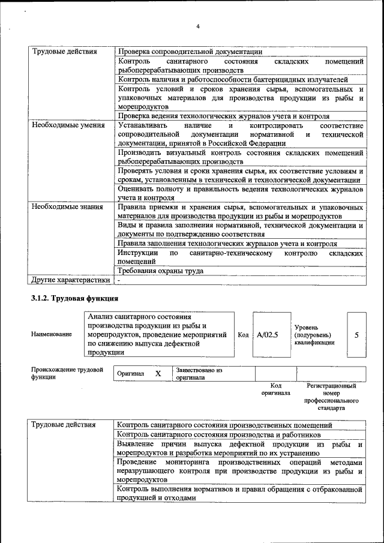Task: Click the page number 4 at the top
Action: point(197,26)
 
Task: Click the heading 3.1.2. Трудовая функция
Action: point(74,298)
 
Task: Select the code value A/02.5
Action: point(267,335)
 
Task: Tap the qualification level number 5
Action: point(356,335)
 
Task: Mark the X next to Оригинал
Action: point(158,374)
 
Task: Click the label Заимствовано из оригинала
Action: point(199,374)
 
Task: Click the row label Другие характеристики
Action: point(71,280)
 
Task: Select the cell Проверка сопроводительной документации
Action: point(190,52)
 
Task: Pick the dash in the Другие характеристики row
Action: point(119,280)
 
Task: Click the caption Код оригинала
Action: point(275,389)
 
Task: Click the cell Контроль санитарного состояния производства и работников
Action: point(219,434)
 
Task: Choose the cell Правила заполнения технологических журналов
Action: point(227,244)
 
